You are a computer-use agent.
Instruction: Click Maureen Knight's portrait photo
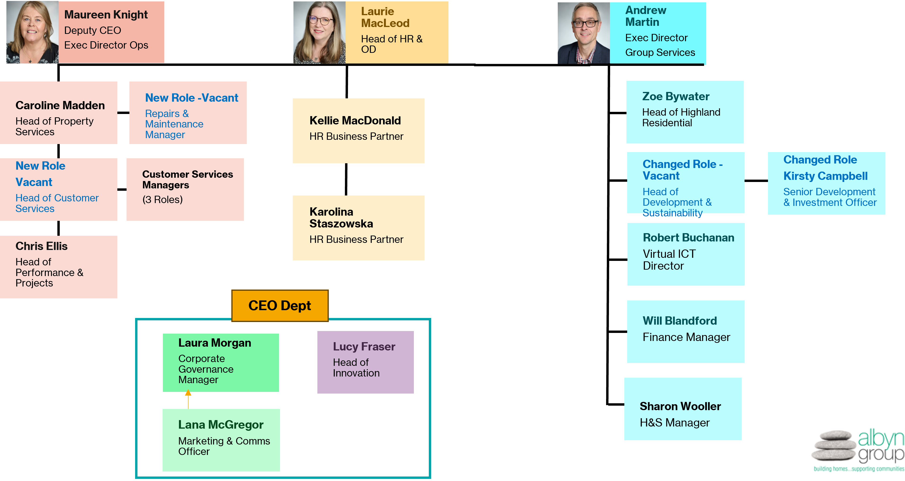[x=32, y=32]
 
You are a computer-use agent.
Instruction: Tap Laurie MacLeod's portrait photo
[x=319, y=32]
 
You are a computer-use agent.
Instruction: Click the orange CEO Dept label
[x=280, y=305]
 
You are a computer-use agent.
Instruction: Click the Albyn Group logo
[x=858, y=450]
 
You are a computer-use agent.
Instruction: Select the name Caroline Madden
[x=60, y=105]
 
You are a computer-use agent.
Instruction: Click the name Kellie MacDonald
[x=355, y=120]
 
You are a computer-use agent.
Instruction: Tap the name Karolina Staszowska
[x=341, y=218]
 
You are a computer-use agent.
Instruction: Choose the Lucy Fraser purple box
[x=365, y=362]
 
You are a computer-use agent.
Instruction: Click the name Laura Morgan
[x=215, y=343]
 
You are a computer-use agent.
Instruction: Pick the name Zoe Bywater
[x=676, y=96]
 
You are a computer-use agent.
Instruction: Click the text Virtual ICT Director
[x=669, y=260]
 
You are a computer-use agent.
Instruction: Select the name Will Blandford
[x=679, y=321]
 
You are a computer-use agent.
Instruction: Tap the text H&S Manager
[x=675, y=422]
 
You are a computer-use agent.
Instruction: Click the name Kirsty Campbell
[x=825, y=176]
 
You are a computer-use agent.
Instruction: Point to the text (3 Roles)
[x=162, y=200]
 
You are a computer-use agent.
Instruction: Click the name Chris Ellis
[x=41, y=246]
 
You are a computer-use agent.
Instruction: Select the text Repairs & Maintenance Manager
[x=174, y=124]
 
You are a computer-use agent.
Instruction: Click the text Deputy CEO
[x=92, y=31]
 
